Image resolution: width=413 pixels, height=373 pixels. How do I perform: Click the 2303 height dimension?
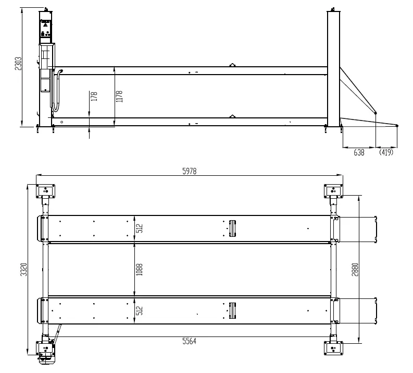tap(18, 64)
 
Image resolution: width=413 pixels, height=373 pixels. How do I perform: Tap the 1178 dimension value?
tap(119, 97)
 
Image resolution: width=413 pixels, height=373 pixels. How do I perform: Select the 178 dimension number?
tap(94, 96)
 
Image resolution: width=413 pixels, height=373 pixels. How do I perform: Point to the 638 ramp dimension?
tap(359, 152)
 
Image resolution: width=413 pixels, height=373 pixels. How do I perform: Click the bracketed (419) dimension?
tap(386, 152)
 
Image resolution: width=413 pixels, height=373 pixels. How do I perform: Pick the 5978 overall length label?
tap(190, 171)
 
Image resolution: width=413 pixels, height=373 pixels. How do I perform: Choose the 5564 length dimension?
tap(190, 341)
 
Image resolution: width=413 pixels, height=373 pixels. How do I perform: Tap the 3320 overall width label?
tap(24, 269)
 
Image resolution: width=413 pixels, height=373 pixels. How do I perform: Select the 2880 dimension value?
tap(355, 269)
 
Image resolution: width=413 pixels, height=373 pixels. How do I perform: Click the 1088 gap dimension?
tap(139, 269)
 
